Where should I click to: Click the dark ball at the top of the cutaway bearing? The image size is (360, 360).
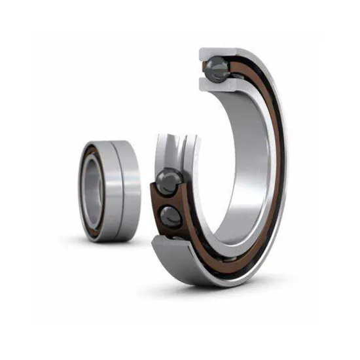point(216,65)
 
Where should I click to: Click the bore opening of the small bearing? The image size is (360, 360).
point(92,190)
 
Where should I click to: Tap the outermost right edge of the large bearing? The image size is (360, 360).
point(286,164)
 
